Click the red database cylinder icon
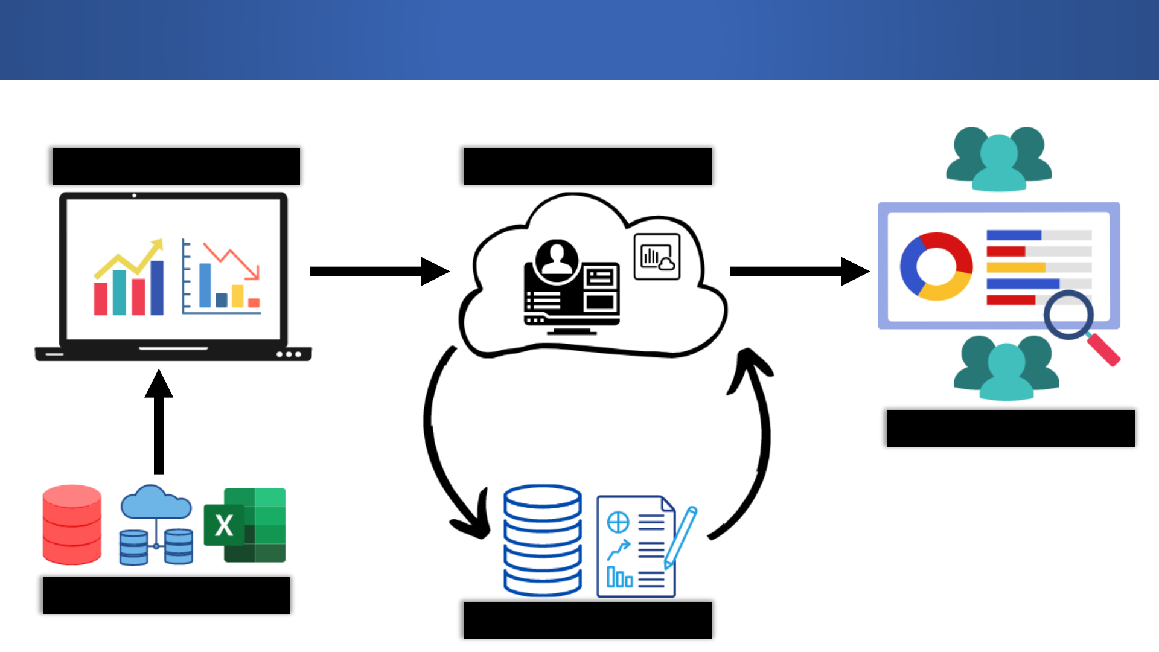click(x=72, y=525)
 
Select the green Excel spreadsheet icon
click(x=245, y=525)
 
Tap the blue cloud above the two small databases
click(x=156, y=502)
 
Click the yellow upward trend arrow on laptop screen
click(x=130, y=260)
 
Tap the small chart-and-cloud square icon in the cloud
click(x=657, y=257)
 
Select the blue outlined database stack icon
click(x=542, y=540)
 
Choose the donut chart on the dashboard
click(x=936, y=266)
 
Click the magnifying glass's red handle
click(x=1105, y=350)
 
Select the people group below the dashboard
click(x=1006, y=368)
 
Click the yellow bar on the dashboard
click(x=1015, y=267)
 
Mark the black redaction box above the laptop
click(x=176, y=167)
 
